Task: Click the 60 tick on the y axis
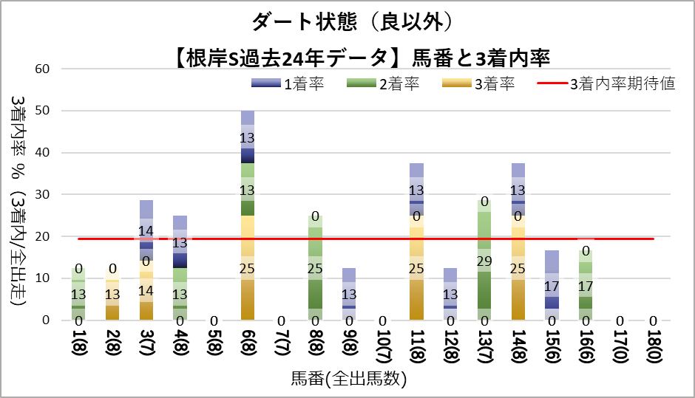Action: (x=42, y=69)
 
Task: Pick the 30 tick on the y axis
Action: (x=42, y=195)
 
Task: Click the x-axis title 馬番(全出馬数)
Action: (x=348, y=380)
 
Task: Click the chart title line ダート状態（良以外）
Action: (x=347, y=23)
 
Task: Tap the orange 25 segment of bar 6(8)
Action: (x=248, y=268)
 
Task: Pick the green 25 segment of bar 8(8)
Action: (x=316, y=268)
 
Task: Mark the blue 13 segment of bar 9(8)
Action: (x=350, y=294)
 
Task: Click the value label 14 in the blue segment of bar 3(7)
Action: (x=146, y=231)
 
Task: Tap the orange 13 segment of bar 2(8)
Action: (x=112, y=294)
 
